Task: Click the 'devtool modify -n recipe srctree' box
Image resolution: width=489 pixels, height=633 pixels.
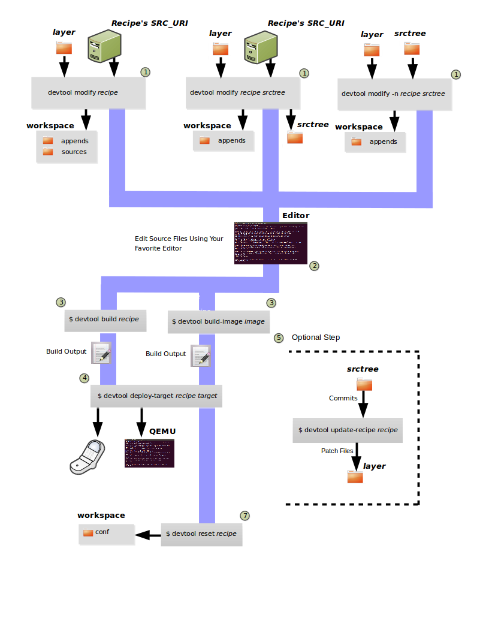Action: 393,94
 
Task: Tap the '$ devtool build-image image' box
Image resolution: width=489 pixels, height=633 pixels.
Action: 218,322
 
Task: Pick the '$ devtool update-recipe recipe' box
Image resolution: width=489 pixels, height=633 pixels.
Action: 348,430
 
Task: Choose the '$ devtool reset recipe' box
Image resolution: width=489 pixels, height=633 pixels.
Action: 201,533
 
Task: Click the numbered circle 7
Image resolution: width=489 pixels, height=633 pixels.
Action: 244,516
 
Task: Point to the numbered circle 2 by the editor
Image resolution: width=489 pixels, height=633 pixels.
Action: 314,266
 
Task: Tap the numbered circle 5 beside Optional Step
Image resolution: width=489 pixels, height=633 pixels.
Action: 279,337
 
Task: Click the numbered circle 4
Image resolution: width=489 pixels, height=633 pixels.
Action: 84,378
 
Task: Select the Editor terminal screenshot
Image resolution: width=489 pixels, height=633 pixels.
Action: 271,243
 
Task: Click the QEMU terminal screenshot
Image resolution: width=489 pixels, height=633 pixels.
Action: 149,453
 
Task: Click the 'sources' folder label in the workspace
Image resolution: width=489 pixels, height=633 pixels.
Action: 74,152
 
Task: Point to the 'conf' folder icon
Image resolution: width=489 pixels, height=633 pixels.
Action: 88,532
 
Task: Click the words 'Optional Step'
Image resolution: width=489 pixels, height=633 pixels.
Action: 316,337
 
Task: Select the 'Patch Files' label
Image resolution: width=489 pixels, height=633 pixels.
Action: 337,451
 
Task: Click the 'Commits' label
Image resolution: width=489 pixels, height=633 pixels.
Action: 343,398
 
